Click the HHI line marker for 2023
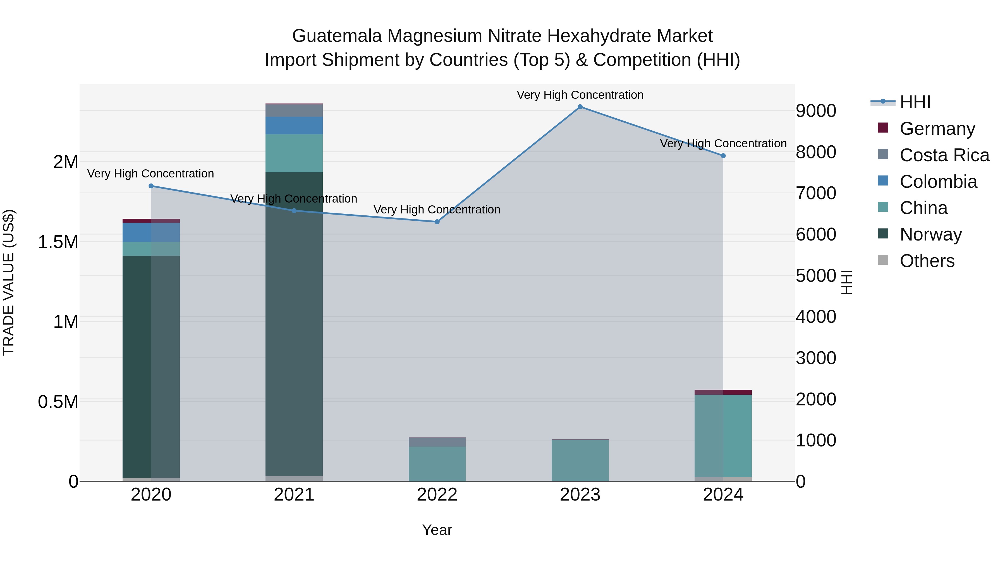[x=580, y=107]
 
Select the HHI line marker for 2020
[x=151, y=186]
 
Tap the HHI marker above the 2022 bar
[x=437, y=222]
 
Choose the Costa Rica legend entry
[x=944, y=155]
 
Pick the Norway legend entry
[x=930, y=234]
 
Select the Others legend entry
[x=927, y=261]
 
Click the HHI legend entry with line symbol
[x=915, y=102]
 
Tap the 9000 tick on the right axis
[x=816, y=111]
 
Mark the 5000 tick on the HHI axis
[x=816, y=276]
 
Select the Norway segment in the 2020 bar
[x=151, y=367]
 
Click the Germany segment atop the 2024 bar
[x=723, y=392]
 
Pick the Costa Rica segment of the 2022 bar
[x=437, y=442]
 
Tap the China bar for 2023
[x=580, y=460]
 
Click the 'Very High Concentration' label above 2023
[x=580, y=95]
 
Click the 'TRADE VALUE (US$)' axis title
[x=9, y=282]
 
